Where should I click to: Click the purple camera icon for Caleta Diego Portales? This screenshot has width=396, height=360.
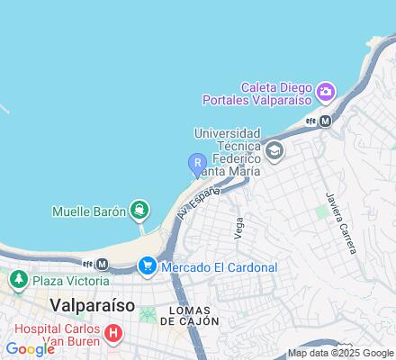pos(325,91)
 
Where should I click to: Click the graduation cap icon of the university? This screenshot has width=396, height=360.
pos(274,150)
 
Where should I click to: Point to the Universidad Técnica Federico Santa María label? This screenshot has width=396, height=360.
pos(227,150)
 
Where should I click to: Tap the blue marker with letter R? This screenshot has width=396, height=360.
pos(196,163)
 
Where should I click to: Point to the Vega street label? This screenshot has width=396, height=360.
pos(238,229)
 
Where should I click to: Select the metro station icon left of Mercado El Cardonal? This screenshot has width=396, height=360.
pos(101,265)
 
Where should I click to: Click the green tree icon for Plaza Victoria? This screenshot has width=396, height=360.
pos(17,281)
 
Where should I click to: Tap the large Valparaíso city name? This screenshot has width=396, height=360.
pos(94,304)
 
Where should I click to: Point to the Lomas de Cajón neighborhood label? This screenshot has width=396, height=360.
pos(186,315)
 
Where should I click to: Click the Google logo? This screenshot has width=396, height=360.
pos(30,349)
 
